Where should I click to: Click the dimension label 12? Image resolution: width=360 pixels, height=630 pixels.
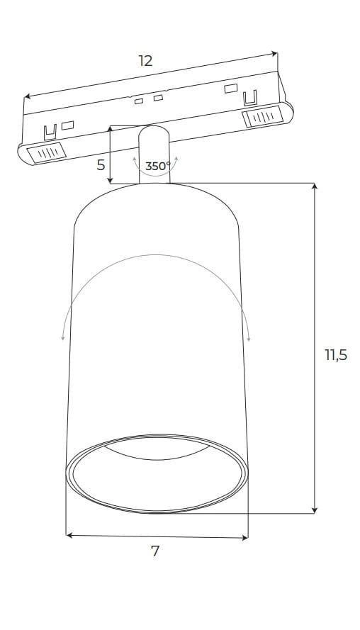point(146,61)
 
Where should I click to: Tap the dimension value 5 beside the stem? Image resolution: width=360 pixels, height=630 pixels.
point(101,164)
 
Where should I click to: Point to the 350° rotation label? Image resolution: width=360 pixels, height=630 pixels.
point(157,166)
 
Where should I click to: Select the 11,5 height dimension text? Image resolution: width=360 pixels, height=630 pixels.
point(336,355)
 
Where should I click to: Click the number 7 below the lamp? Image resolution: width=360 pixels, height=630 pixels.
point(155,551)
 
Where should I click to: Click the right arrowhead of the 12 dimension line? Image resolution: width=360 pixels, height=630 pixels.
point(274,53)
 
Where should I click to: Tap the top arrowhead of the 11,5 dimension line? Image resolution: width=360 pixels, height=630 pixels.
point(315,186)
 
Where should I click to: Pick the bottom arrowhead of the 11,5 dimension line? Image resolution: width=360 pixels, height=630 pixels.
point(315,510)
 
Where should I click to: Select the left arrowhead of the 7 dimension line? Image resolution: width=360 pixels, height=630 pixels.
point(69,535)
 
